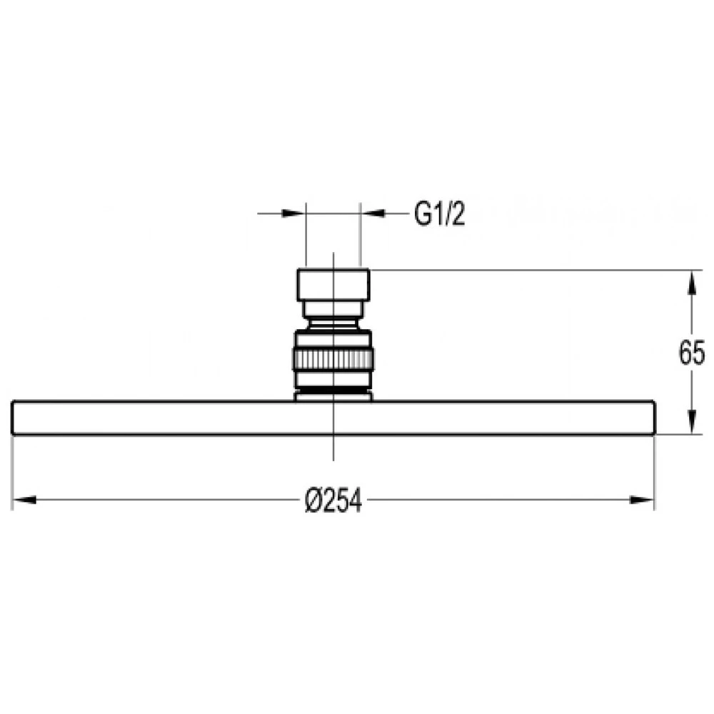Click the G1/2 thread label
click(439, 214)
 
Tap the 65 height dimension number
click(692, 353)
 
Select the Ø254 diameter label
click(333, 500)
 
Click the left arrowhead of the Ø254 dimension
click(24, 500)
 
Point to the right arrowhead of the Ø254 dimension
click(641, 500)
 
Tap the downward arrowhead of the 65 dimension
click(692, 422)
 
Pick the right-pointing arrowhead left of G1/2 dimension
click(293, 213)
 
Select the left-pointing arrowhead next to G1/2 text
click(373, 213)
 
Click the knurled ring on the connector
click(333, 358)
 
